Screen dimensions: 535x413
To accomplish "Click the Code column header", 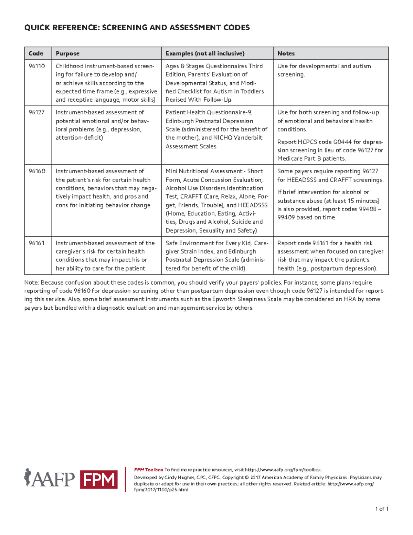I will [36, 53].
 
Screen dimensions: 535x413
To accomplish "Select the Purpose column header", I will [67, 53].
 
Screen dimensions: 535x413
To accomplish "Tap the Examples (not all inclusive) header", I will [205, 53].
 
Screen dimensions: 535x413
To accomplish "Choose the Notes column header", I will [286, 53].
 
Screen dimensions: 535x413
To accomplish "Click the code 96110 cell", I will [36, 66].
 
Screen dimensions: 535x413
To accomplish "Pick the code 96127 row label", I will [36, 112].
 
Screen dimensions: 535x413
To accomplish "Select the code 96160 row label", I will [36, 171].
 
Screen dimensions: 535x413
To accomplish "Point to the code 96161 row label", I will [36, 243].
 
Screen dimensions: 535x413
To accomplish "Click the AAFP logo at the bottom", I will [50, 479].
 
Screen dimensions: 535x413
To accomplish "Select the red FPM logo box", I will [99, 480].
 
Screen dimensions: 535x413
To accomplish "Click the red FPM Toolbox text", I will [148, 470].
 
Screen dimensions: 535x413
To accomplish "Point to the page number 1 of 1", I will [382, 509].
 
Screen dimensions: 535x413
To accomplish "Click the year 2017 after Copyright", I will [255, 477].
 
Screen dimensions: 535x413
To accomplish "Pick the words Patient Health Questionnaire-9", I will [209, 112].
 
